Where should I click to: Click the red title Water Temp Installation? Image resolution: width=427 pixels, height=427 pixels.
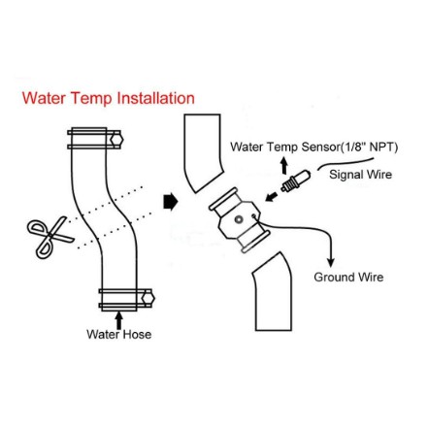(109, 98)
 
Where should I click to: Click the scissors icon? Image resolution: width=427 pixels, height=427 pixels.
(49, 237)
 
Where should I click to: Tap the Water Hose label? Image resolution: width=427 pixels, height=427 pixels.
(118, 334)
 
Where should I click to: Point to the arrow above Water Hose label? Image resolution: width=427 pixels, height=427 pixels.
(119, 319)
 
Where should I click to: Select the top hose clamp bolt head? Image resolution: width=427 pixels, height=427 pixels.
(116, 140)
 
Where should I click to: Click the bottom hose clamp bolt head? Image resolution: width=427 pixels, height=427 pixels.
(148, 298)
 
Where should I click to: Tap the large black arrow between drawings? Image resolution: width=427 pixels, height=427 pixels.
(170, 202)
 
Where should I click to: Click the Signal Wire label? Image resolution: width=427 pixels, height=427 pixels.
(360, 175)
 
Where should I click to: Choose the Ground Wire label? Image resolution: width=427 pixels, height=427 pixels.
(348, 278)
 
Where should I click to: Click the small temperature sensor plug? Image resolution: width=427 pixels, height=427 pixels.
(296, 181)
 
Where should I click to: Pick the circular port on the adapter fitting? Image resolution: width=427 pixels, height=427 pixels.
(239, 219)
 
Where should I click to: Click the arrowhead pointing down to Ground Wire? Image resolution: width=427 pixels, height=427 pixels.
(331, 262)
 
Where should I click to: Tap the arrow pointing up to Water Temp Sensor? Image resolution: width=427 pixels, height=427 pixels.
(284, 165)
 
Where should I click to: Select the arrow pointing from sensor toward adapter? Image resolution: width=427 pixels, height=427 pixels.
(272, 196)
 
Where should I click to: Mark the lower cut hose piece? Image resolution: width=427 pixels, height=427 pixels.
(273, 293)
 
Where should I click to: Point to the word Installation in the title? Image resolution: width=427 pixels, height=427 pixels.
(155, 98)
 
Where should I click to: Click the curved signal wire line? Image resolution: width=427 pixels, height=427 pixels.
(345, 163)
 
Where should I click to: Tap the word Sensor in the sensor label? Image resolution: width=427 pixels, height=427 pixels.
(319, 148)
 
